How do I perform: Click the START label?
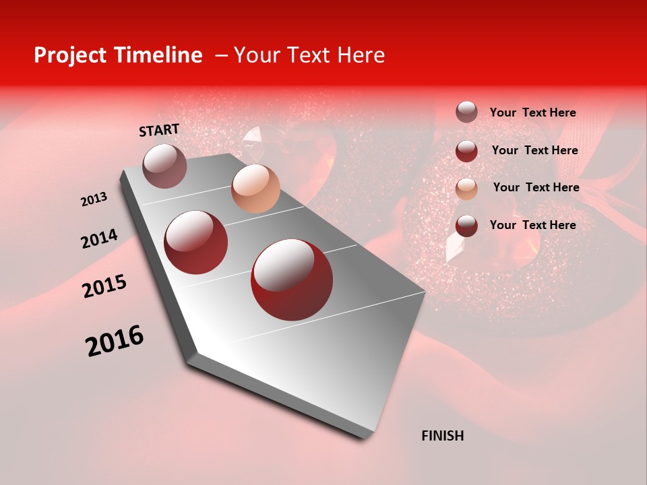click(159, 130)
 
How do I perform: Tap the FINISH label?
click(443, 436)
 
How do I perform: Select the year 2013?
click(94, 199)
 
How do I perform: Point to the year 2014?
click(99, 239)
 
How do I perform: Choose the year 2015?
click(104, 286)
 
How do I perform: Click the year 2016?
click(115, 341)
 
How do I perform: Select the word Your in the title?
click(256, 55)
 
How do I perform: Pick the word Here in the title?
click(361, 55)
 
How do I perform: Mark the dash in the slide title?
click(221, 55)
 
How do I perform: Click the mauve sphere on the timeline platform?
click(165, 166)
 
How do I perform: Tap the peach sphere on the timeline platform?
click(255, 188)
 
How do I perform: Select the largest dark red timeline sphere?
click(292, 280)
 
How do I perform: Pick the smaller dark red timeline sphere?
click(196, 242)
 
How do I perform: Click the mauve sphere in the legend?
click(466, 112)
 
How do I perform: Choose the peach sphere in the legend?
click(466, 188)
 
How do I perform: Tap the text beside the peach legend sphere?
click(536, 187)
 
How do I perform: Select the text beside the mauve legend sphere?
click(532, 112)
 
